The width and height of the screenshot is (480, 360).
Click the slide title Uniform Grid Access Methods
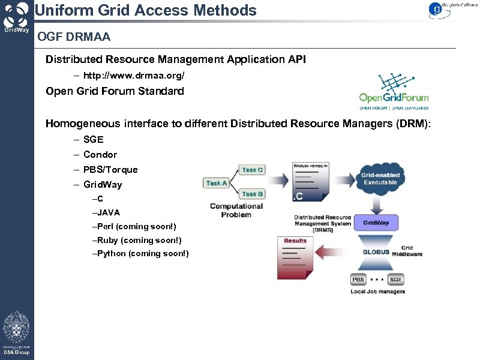[x=145, y=10]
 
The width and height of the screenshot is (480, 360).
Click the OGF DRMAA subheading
[x=74, y=38]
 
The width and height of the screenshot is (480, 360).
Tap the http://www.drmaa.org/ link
[x=134, y=76]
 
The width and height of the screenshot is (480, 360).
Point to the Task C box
[x=253, y=170]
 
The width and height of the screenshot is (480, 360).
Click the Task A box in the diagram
[x=217, y=183]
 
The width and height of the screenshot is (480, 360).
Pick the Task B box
[x=253, y=194]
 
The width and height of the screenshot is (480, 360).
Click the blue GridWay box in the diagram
[x=376, y=223]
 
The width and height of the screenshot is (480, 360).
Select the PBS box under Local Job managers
[x=358, y=280]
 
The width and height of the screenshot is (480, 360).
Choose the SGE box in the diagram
[x=396, y=280]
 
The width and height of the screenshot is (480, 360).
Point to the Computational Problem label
[x=236, y=210]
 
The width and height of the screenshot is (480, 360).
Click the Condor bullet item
[x=100, y=154]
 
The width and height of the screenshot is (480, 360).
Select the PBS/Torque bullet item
[x=110, y=169]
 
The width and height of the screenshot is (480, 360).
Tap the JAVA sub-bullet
[x=106, y=212]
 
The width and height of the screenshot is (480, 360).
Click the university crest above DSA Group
[x=16, y=327]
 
